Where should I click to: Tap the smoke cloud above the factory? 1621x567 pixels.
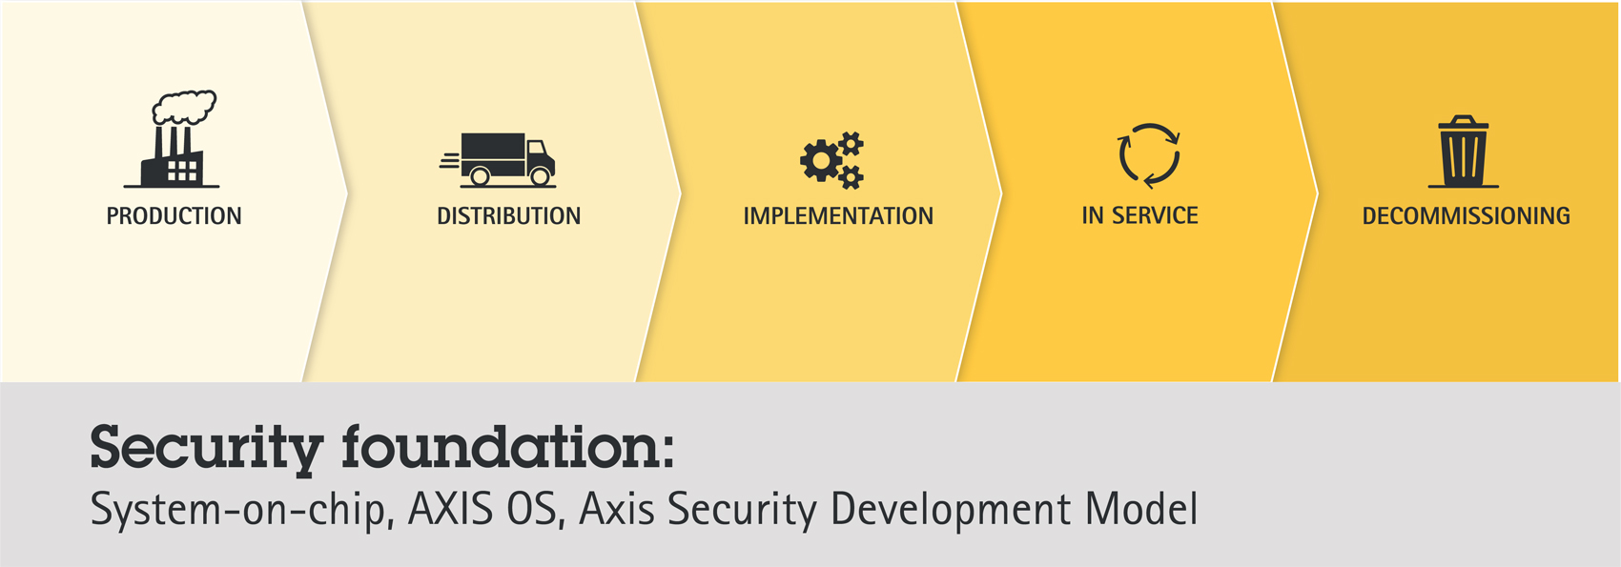[184, 107]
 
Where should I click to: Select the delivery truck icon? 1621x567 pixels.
[498, 160]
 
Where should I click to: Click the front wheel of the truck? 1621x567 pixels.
[540, 175]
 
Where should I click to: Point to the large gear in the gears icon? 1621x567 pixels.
[821, 160]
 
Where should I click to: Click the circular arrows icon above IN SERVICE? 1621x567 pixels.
[1149, 155]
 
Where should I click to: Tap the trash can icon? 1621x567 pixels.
[1464, 152]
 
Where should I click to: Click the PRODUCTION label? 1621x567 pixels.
[174, 215]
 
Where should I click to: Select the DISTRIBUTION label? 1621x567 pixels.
[509, 215]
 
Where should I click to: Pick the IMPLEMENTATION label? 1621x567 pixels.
[838, 215]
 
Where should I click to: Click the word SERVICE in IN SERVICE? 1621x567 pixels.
[1155, 215]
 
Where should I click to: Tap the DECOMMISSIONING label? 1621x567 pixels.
[1467, 215]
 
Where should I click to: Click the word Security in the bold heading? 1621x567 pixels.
[207, 450]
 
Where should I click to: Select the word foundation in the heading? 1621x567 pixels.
[500, 446]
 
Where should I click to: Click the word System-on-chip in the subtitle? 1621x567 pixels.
[242, 509]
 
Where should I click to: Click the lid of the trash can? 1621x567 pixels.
[1464, 123]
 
